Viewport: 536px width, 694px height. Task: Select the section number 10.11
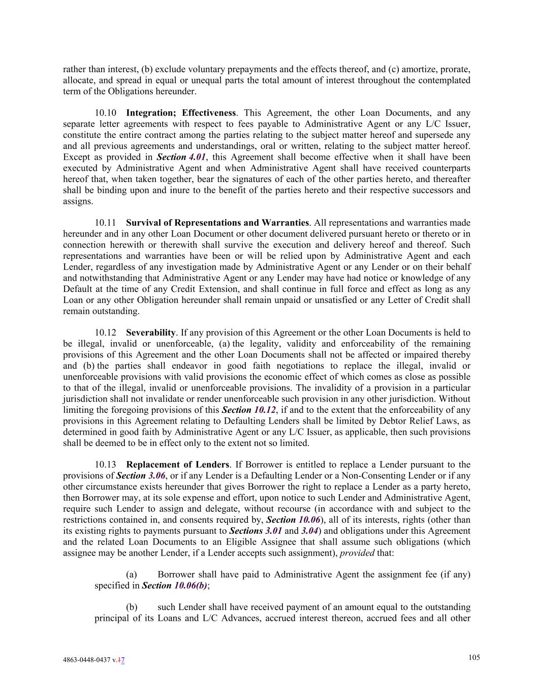pos(105,223)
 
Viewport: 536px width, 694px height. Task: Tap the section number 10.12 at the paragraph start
pos(105,333)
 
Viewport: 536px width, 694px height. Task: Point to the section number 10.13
pos(105,465)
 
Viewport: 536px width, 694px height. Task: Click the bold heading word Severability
pos(151,333)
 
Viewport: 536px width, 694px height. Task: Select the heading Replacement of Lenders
pos(177,465)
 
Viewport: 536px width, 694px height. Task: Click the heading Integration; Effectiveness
pos(181,113)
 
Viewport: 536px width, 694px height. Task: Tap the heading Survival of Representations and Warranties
pos(217,223)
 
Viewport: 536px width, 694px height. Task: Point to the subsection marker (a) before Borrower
pos(132,575)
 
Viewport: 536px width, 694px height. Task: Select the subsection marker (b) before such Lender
pos(132,607)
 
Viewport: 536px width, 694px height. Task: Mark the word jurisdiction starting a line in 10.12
pos(84,399)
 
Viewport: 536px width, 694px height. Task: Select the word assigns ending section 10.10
pos(78,201)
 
